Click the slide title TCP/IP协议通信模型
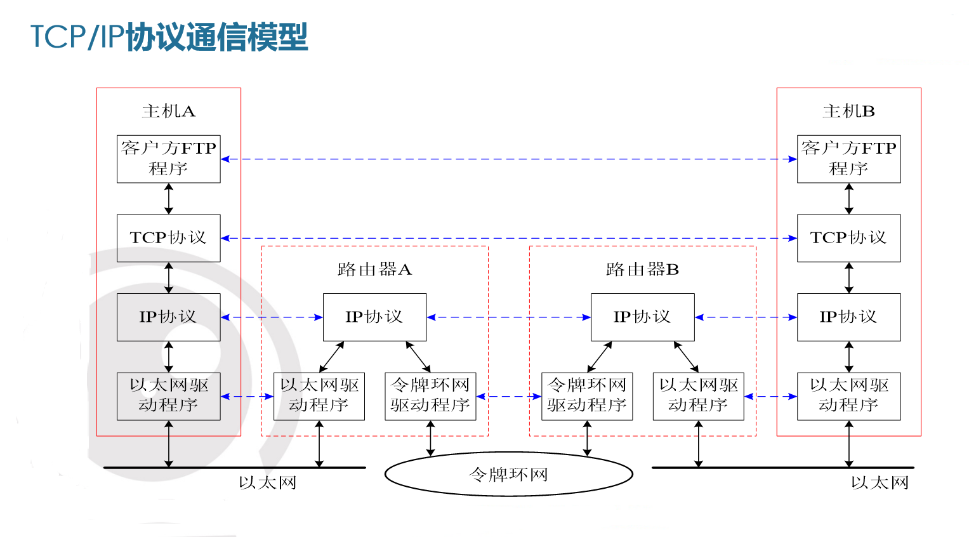pyautogui.click(x=169, y=37)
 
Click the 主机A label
pyautogui.click(x=168, y=112)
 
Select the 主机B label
pyautogui.click(x=848, y=112)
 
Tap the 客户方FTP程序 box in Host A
pyautogui.click(x=168, y=159)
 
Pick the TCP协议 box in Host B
pyautogui.click(x=848, y=238)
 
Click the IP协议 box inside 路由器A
pyautogui.click(x=374, y=317)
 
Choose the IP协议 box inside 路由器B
pyautogui.click(x=642, y=317)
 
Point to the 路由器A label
pyautogui.click(x=374, y=270)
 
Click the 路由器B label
pyautogui.click(x=642, y=270)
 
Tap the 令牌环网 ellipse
pyautogui.click(x=508, y=474)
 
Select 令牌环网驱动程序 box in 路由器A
pyautogui.click(x=430, y=396)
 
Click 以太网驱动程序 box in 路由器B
pyautogui.click(x=698, y=396)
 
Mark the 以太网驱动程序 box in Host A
pyautogui.click(x=168, y=396)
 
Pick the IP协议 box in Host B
pyautogui.click(x=848, y=317)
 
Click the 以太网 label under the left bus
pyautogui.click(x=267, y=483)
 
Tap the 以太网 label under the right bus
pyautogui.click(x=880, y=483)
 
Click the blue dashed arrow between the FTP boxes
pyautogui.click(x=508, y=159)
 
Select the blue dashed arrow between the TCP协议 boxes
pyautogui.click(x=508, y=239)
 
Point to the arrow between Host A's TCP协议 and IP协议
pyautogui.click(x=169, y=277)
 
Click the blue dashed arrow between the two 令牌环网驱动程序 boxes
pyautogui.click(x=508, y=397)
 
